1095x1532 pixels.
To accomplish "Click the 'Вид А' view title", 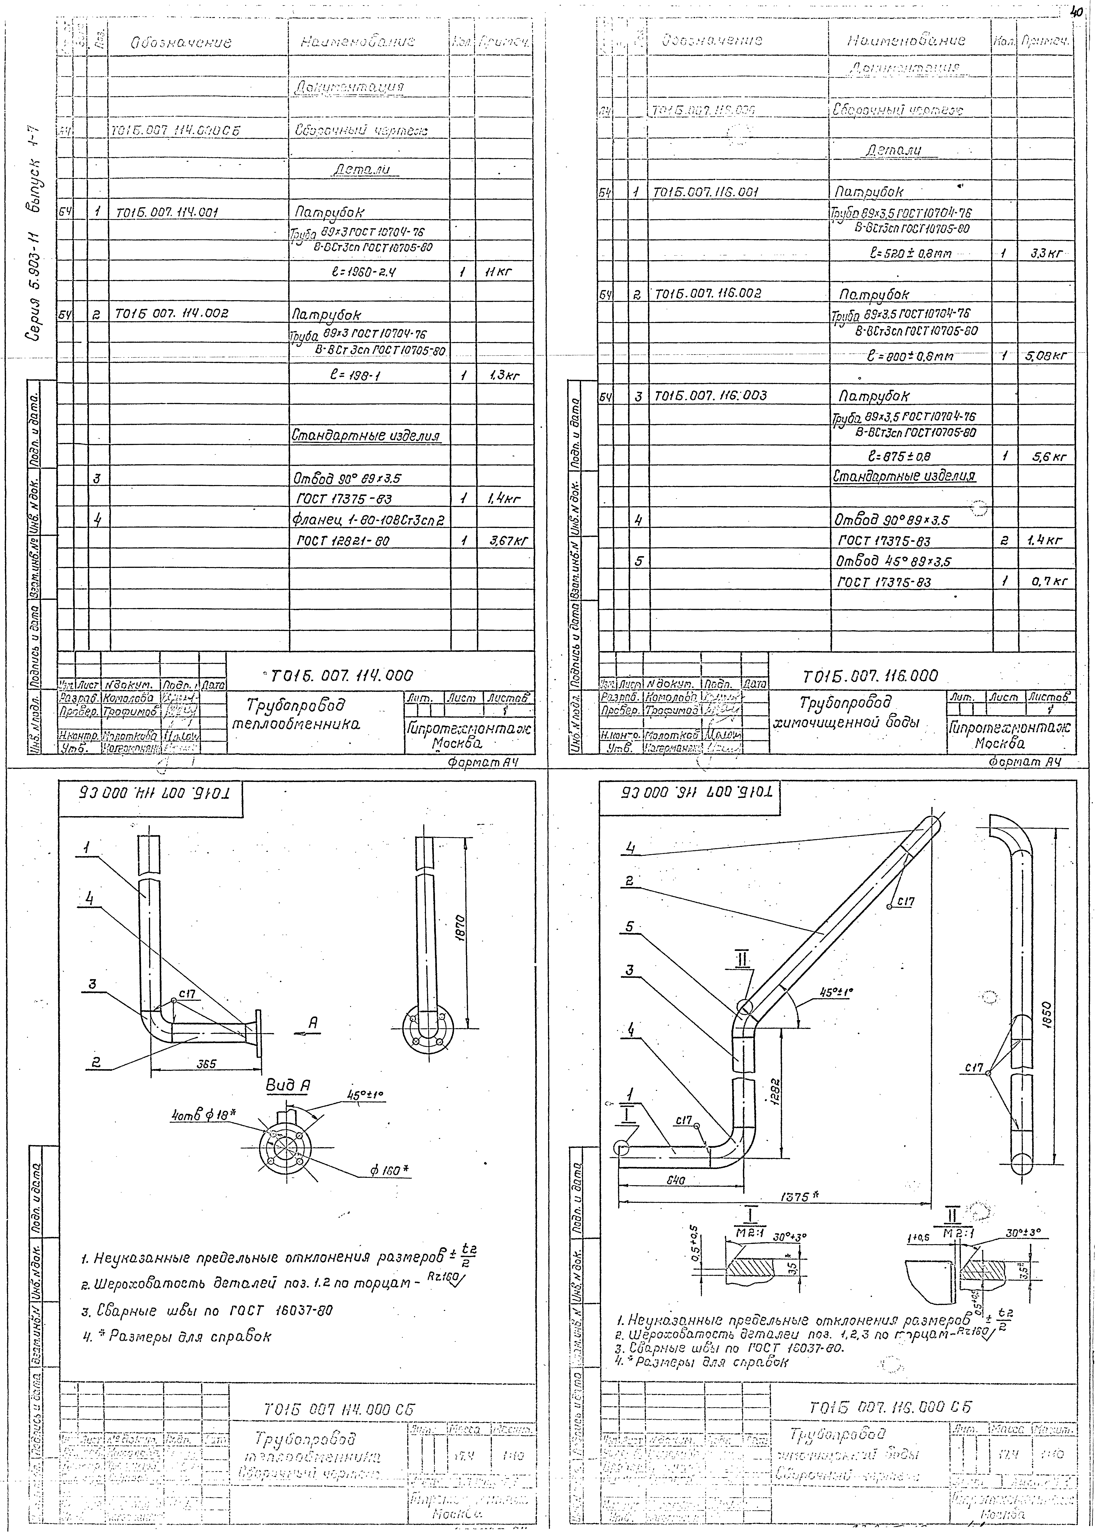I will point(288,1086).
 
